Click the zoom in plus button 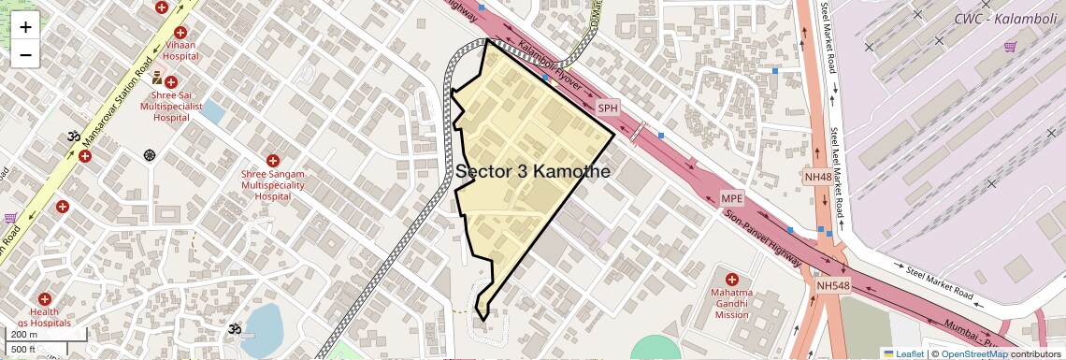click(x=25, y=27)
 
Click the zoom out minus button click(x=25, y=55)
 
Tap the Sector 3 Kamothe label click(x=533, y=172)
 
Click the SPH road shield click(x=609, y=108)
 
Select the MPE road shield click(x=731, y=198)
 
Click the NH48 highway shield click(x=817, y=177)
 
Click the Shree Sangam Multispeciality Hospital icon click(x=273, y=162)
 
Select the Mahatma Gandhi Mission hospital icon click(x=731, y=280)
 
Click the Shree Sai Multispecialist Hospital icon click(x=171, y=82)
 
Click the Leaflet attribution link click(x=904, y=353)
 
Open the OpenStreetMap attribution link click(x=973, y=353)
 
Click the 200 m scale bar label click(x=25, y=334)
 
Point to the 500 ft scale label click(x=24, y=350)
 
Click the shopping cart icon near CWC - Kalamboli click(x=1010, y=47)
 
